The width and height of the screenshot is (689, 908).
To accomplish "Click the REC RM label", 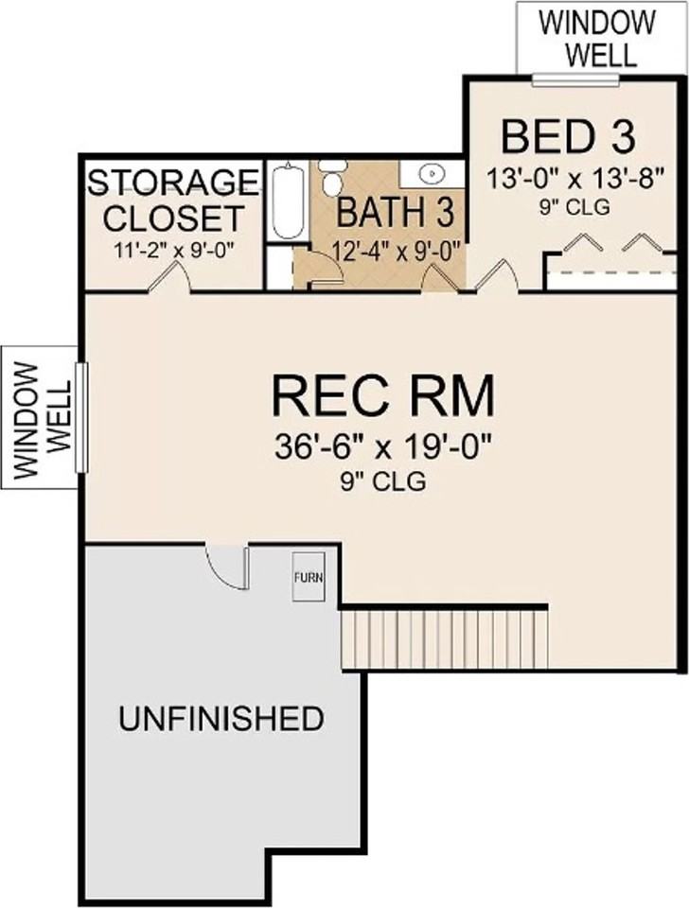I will [382, 394].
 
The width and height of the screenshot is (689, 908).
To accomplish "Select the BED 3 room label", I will [561, 137].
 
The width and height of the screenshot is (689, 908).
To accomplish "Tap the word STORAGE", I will [173, 181].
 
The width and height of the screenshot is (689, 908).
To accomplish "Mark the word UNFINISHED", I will [221, 719].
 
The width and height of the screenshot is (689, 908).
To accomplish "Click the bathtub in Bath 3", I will [285, 201].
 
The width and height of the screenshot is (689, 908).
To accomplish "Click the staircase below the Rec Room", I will [446, 638].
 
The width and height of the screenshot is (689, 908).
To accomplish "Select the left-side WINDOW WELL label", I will [40, 416].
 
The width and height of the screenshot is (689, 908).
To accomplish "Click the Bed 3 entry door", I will [497, 276].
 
